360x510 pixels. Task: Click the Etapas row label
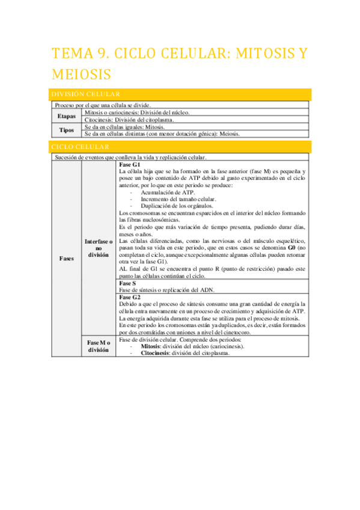tap(66, 115)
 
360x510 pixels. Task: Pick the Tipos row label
tap(66, 130)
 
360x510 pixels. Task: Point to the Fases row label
tap(67, 259)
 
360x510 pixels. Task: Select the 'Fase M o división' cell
tap(98, 346)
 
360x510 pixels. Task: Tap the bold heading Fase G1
tap(130, 164)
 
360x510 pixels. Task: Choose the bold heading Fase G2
tap(130, 297)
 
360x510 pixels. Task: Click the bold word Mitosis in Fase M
tap(151, 347)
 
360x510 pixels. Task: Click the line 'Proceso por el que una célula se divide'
tap(102, 105)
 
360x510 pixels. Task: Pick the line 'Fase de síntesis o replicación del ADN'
tap(171, 290)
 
